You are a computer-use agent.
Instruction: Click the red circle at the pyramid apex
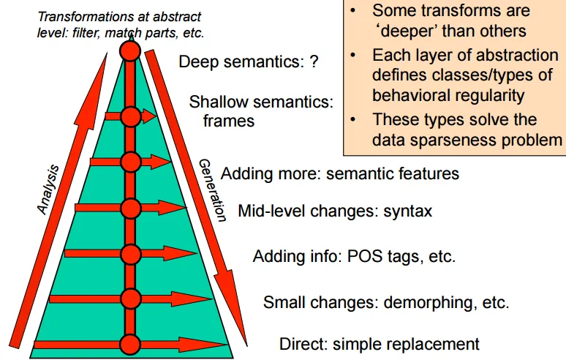[x=130, y=50]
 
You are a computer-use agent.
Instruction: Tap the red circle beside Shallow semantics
[x=130, y=116]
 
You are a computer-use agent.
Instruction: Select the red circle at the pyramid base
[x=130, y=344]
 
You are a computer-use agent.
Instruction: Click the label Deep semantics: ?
[x=249, y=61]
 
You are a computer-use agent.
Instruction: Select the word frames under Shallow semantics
[x=229, y=121]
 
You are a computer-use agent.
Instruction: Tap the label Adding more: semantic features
[x=339, y=174]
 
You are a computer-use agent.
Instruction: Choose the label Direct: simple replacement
[x=379, y=343]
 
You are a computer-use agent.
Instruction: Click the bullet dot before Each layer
[x=354, y=54]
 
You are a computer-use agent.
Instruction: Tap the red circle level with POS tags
[x=130, y=254]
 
